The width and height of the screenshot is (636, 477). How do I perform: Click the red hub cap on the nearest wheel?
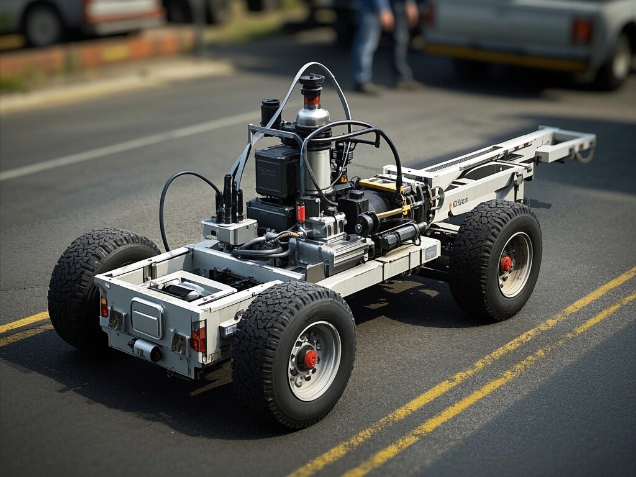(x=310, y=358)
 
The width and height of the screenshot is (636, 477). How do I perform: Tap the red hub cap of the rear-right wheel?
(x=506, y=263)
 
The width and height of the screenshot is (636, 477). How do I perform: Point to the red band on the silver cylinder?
(x=312, y=99)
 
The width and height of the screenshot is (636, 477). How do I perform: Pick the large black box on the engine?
(x=277, y=171)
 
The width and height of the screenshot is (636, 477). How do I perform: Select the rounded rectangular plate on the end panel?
(x=147, y=318)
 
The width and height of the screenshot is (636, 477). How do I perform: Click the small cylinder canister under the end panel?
(x=147, y=350)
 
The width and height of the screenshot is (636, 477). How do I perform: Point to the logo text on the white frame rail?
(x=460, y=202)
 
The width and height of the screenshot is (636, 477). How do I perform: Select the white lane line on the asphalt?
(x=124, y=146)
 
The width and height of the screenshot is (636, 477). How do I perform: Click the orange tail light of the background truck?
(x=581, y=30)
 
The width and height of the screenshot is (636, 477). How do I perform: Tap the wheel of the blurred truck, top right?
(x=616, y=62)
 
